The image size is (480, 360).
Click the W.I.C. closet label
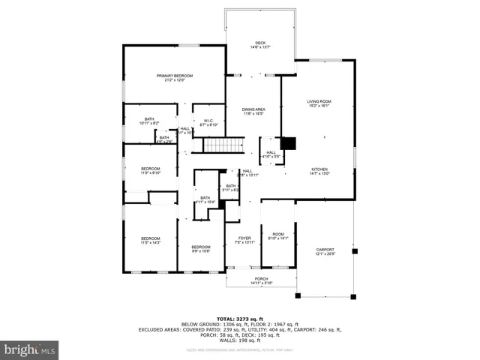pyautogui.click(x=208, y=122)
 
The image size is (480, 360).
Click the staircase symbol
pyautogui.click(x=225, y=145)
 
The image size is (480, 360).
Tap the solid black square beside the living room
pyautogui.click(x=289, y=143)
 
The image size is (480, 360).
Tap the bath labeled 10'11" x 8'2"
pyautogui.click(x=150, y=121)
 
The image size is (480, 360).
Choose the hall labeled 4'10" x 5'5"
pyautogui.click(x=271, y=154)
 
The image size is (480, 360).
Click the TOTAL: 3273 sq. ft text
pyautogui.click(x=240, y=319)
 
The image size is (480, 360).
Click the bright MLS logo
pyautogui.click(x=30, y=349)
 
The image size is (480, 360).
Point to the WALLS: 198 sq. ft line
pyautogui.click(x=240, y=339)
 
